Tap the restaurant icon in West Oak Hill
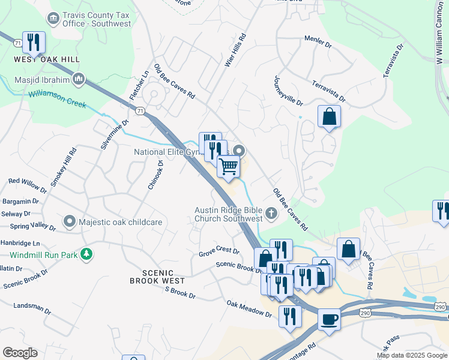34,42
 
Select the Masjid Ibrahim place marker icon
79,79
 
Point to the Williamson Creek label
58,96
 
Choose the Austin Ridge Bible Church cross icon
271,213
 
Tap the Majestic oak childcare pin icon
70,222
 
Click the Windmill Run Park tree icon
88,254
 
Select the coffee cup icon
328,320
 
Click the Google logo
20,353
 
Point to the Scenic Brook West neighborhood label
157,280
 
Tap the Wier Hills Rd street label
235,50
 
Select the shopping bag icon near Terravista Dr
329,116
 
